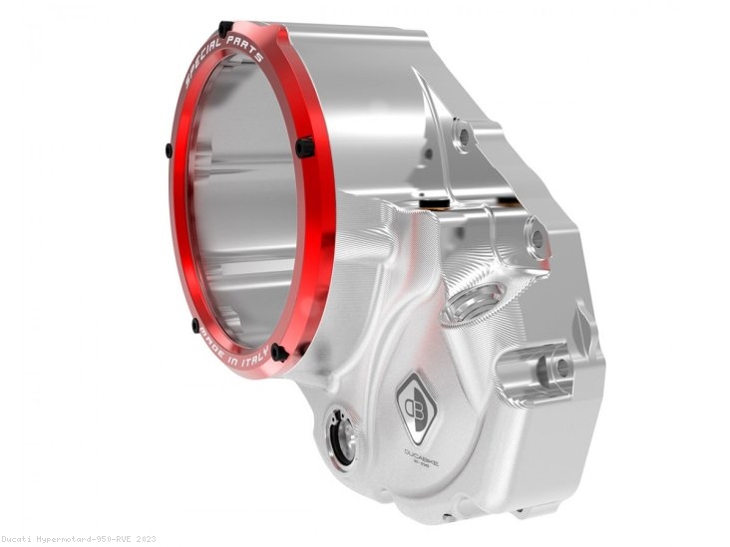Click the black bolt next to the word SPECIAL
click(225, 29)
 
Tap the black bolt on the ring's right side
click(304, 147)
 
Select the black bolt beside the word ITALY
click(279, 352)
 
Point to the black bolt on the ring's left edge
click(169, 150)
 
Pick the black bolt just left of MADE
click(195, 324)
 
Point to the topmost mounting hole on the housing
click(461, 135)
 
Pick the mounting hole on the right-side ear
click(538, 239)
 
